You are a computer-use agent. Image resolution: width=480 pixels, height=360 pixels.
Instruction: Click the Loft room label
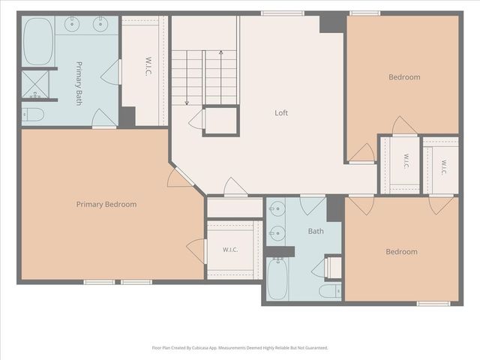coord(281,112)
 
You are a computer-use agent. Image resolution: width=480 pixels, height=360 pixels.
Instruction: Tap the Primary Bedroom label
coord(106,204)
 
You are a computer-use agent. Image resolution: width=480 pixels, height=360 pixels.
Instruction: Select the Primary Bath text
coord(79,83)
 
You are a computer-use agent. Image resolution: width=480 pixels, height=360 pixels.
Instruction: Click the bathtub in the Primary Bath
coord(38,41)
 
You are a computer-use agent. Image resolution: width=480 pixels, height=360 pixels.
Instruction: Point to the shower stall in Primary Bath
coord(35,85)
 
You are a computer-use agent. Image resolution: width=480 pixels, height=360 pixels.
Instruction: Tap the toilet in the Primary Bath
coord(33,115)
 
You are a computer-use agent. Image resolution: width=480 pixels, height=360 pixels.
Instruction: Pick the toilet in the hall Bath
coord(330,291)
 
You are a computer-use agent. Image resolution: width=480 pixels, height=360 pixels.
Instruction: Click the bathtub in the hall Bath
coord(277,278)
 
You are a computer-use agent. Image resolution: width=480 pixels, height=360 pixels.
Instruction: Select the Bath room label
coord(316,231)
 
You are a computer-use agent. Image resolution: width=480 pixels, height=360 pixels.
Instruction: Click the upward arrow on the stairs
coord(221,77)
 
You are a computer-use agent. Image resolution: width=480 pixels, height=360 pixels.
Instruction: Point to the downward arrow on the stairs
coord(187,78)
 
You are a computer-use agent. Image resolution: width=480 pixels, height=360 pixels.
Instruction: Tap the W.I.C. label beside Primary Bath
coord(148,67)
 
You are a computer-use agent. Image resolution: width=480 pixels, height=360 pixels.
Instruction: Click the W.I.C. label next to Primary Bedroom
coord(230,250)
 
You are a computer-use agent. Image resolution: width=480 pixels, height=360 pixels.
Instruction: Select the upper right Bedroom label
coord(404,77)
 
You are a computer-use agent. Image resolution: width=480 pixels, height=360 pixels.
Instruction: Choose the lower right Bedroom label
coord(401,252)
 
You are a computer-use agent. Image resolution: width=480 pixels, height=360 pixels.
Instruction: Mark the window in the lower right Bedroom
coord(433,304)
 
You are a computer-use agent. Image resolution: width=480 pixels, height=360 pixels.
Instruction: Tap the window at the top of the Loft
coord(283,13)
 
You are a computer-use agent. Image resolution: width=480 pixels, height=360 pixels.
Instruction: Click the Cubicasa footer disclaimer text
coord(240,348)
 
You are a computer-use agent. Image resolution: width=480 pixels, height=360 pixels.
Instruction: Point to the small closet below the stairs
coord(221,121)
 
